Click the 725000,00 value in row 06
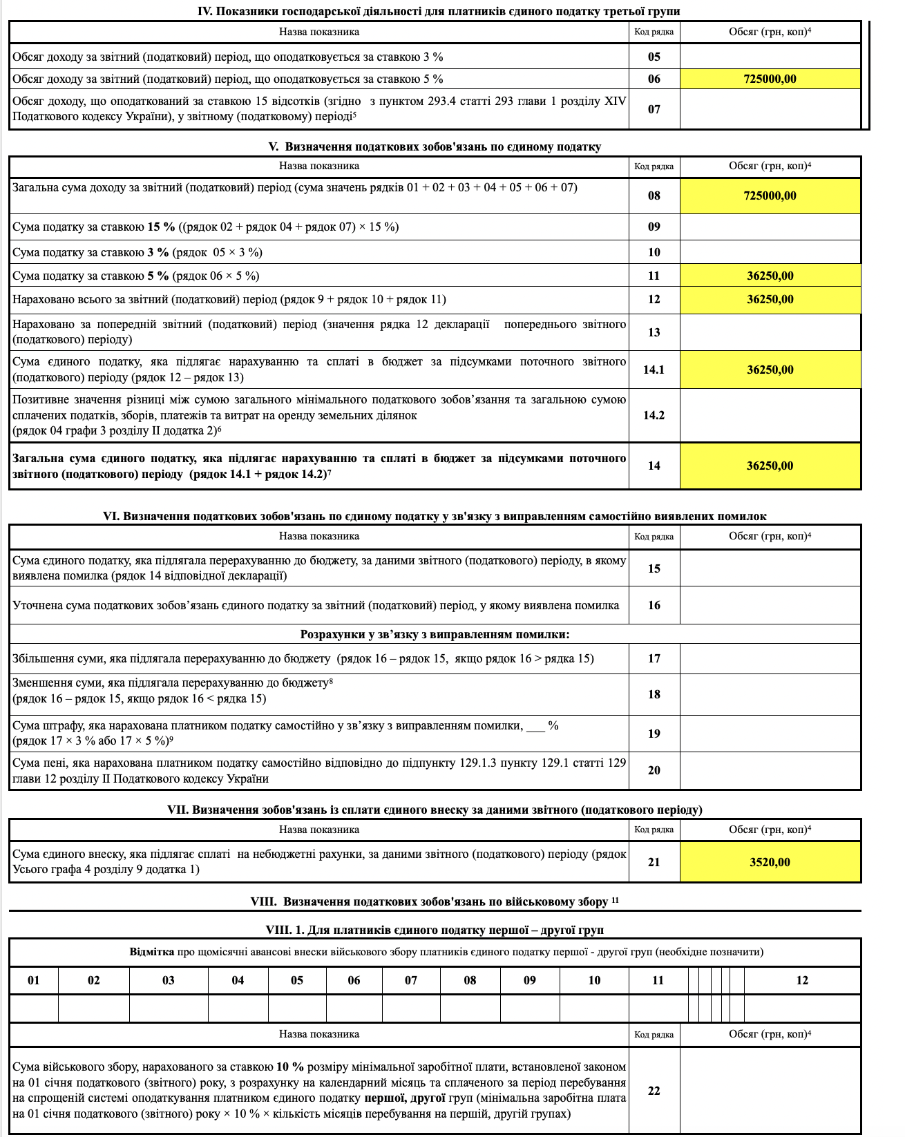[x=770, y=79]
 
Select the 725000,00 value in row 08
[x=770, y=195]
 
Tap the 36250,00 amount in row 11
[x=770, y=276]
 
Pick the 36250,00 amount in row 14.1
[x=770, y=370]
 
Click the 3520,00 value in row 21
[x=770, y=862]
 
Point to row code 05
[x=654, y=57]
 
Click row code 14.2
[x=654, y=415]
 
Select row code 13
[x=654, y=332]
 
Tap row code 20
[x=654, y=770]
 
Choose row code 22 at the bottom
[x=654, y=1091]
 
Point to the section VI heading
[x=435, y=516]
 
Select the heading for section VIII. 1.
[x=435, y=930]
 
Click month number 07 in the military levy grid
[x=411, y=980]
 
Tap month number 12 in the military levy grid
[x=801, y=980]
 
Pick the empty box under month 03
[x=169, y=1009]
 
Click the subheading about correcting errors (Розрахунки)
[x=435, y=634]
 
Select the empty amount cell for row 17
[x=770, y=658]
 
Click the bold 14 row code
[x=654, y=466]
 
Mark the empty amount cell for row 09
[x=770, y=227]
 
